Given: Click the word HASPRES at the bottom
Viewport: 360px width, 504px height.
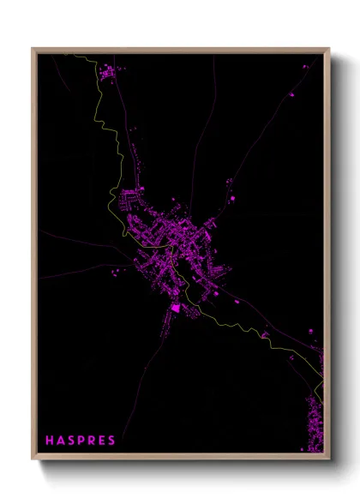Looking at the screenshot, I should pos(80,440).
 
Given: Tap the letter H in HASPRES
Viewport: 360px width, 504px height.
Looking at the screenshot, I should pos(50,440).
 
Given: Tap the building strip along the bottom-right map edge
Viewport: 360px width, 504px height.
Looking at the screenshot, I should pos(315,424).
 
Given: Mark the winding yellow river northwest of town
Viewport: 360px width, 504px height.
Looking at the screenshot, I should pos(107,129).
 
